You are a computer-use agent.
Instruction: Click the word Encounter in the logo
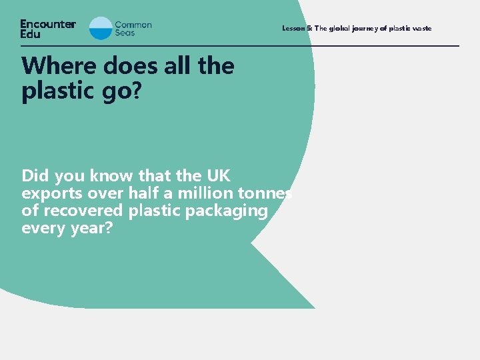pyautogui.click(x=48, y=24)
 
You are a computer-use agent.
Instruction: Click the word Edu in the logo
pyautogui.click(x=30, y=33)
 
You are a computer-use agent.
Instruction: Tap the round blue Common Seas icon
pyautogui.click(x=101, y=28)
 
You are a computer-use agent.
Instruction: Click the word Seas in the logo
pyautogui.click(x=125, y=33)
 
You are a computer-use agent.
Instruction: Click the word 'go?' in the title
pyautogui.click(x=121, y=91)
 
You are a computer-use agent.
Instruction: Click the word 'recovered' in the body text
pyautogui.click(x=85, y=211)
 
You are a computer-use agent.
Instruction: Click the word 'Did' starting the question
pyautogui.click(x=35, y=176)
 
